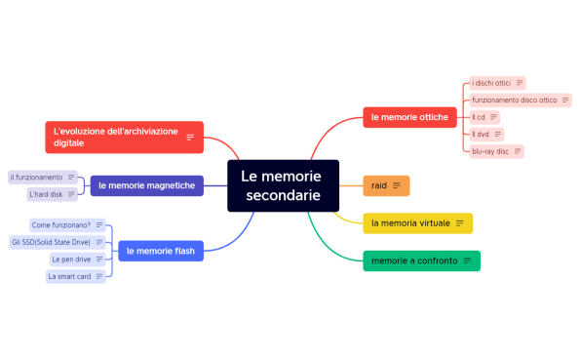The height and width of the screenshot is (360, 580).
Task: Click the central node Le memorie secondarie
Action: [x=283, y=185]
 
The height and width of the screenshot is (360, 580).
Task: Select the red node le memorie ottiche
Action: [x=409, y=117]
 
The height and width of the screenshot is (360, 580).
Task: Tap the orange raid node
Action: [x=380, y=185]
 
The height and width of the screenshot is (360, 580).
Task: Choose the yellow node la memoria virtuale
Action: [x=410, y=223]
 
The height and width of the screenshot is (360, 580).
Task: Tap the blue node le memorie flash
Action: [x=160, y=251]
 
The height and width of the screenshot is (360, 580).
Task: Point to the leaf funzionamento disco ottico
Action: [x=515, y=100]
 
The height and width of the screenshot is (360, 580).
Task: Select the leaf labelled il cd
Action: [x=479, y=117]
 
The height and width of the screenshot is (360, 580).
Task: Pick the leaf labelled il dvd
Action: [x=481, y=134]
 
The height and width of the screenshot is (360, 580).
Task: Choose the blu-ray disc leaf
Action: [x=490, y=151]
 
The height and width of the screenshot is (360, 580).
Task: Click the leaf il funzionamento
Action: [x=37, y=177]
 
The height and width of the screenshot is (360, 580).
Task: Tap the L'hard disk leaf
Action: [x=47, y=194]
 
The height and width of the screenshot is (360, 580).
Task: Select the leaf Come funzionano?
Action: [x=61, y=224]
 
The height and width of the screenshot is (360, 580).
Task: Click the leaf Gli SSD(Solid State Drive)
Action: [x=51, y=241]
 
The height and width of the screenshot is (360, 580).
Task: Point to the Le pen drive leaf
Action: [x=71, y=260]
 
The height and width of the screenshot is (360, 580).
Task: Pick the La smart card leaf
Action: [x=69, y=276]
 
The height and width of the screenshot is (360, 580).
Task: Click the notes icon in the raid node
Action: [x=397, y=185]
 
